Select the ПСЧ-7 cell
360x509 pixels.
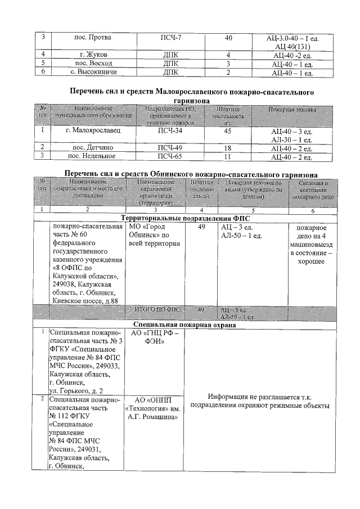(x=171, y=38)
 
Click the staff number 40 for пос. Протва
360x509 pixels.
(x=228, y=38)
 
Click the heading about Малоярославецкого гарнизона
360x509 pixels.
(x=192, y=95)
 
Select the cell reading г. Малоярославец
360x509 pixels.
(x=93, y=130)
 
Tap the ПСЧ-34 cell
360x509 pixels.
(x=171, y=130)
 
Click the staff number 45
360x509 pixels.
(x=228, y=130)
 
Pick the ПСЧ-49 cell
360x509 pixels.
(x=171, y=147)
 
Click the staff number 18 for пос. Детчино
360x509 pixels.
(x=228, y=147)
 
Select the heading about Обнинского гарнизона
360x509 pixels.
(x=191, y=174)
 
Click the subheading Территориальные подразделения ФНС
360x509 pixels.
(x=186, y=218)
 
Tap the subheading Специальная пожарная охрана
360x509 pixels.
(x=186, y=325)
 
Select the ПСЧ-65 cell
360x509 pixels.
(x=171, y=156)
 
